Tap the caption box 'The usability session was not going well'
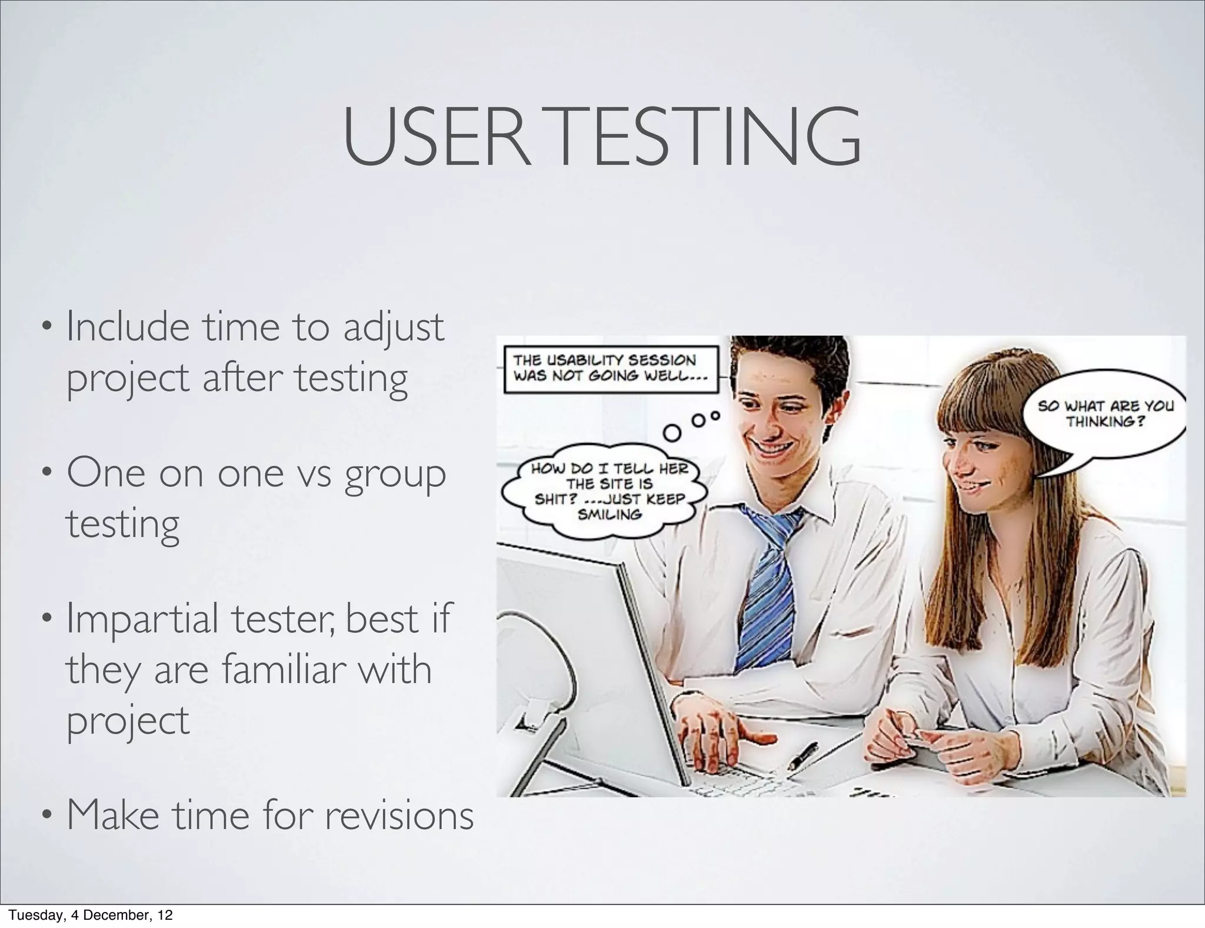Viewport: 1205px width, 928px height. click(x=610, y=369)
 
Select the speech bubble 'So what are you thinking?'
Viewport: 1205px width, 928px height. click(x=1105, y=414)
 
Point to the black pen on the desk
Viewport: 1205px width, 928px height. click(x=803, y=755)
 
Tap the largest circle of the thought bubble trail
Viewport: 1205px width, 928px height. click(x=673, y=433)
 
